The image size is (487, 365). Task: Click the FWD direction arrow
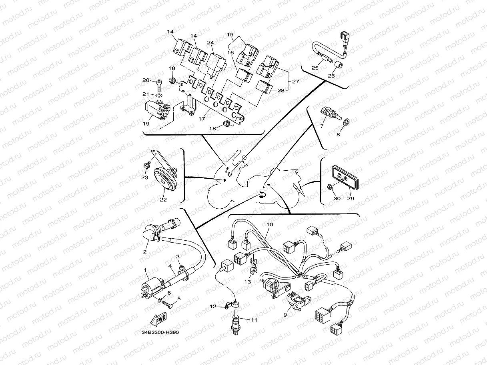coord(158,319)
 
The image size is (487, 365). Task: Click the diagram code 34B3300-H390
coord(160,333)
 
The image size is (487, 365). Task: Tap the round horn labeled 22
coord(165,180)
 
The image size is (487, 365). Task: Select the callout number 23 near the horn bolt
coord(144,178)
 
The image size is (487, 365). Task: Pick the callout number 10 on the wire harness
coord(270,225)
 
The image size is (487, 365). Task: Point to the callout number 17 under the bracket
coord(202,119)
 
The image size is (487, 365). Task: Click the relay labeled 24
coord(215,65)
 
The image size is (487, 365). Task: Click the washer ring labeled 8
coord(346,122)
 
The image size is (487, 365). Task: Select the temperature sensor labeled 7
coord(331,113)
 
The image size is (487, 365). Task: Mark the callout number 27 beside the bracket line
coord(296,82)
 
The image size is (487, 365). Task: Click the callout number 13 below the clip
coord(247,281)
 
